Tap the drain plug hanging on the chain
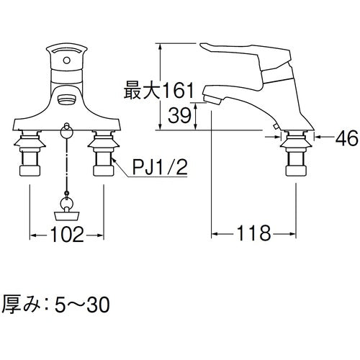click(67, 211)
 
